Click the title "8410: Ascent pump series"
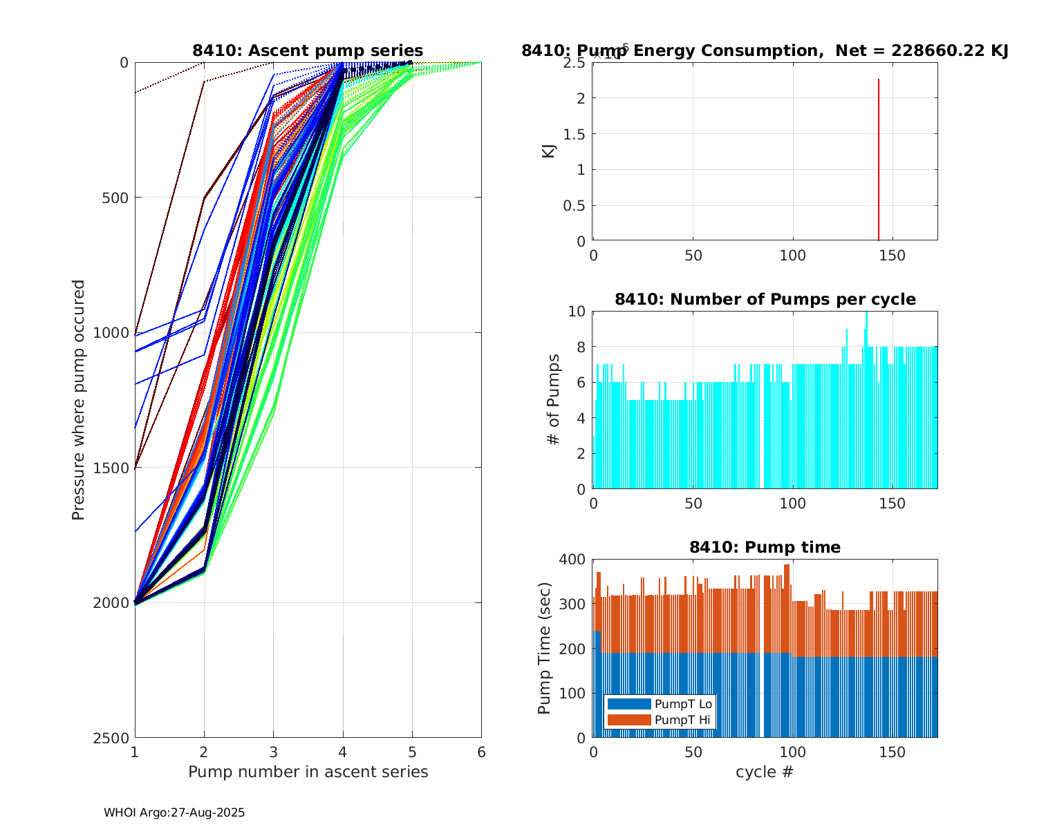pyautogui.click(x=308, y=50)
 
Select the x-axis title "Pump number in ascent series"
pyautogui.click(x=308, y=772)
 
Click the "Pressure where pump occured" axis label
pyautogui.click(x=78, y=400)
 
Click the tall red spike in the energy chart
pyautogui.click(x=878, y=159)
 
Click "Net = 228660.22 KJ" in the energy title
pyautogui.click(x=922, y=50)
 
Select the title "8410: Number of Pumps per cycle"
pyautogui.click(x=765, y=299)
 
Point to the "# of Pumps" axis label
pyautogui.click(x=553, y=399)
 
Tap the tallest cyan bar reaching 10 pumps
pyautogui.click(x=866, y=401)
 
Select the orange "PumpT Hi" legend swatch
pyautogui.click(x=628, y=720)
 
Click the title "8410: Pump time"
pyautogui.click(x=765, y=547)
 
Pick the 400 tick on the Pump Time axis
pyautogui.click(x=575, y=559)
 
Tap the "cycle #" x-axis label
pyautogui.click(x=765, y=772)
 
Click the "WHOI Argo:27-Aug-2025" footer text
pyautogui.click(x=174, y=812)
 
